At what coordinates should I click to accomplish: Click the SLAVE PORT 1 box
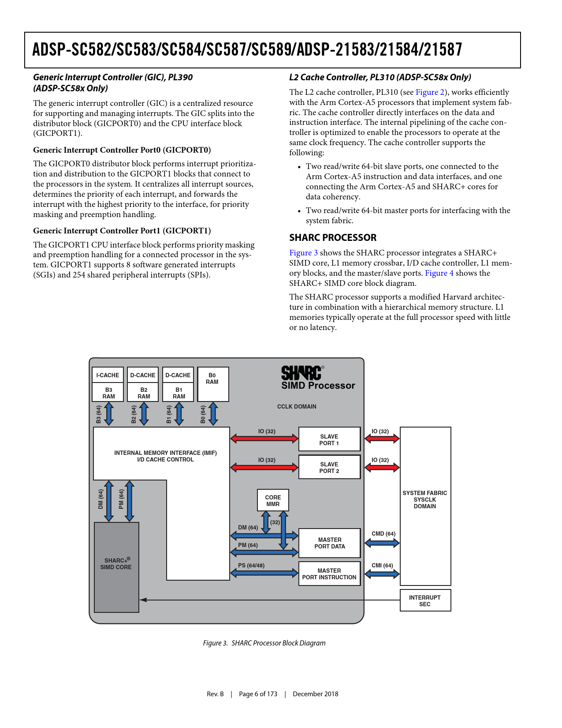(329, 439)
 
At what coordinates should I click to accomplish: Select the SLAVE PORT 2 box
(329, 467)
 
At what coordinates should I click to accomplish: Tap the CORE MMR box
(273, 500)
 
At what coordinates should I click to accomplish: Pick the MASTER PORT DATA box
(329, 543)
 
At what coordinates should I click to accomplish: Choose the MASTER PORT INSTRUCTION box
(329, 574)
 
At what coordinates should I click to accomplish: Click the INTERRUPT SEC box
(425, 600)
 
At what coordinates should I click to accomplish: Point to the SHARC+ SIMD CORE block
(116, 567)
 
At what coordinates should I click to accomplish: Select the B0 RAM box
(212, 384)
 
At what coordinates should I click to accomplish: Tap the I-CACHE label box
(108, 375)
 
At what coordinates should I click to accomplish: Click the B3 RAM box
(108, 393)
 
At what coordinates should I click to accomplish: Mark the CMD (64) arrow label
(383, 534)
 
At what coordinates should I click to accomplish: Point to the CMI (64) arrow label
(382, 566)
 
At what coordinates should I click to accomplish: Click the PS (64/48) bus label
(251, 566)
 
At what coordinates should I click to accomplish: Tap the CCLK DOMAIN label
(297, 407)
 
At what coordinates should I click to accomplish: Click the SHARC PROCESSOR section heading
(333, 238)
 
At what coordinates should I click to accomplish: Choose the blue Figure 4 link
(439, 273)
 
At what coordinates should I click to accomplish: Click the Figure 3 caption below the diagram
(264, 643)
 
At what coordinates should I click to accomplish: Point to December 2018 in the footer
(316, 694)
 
